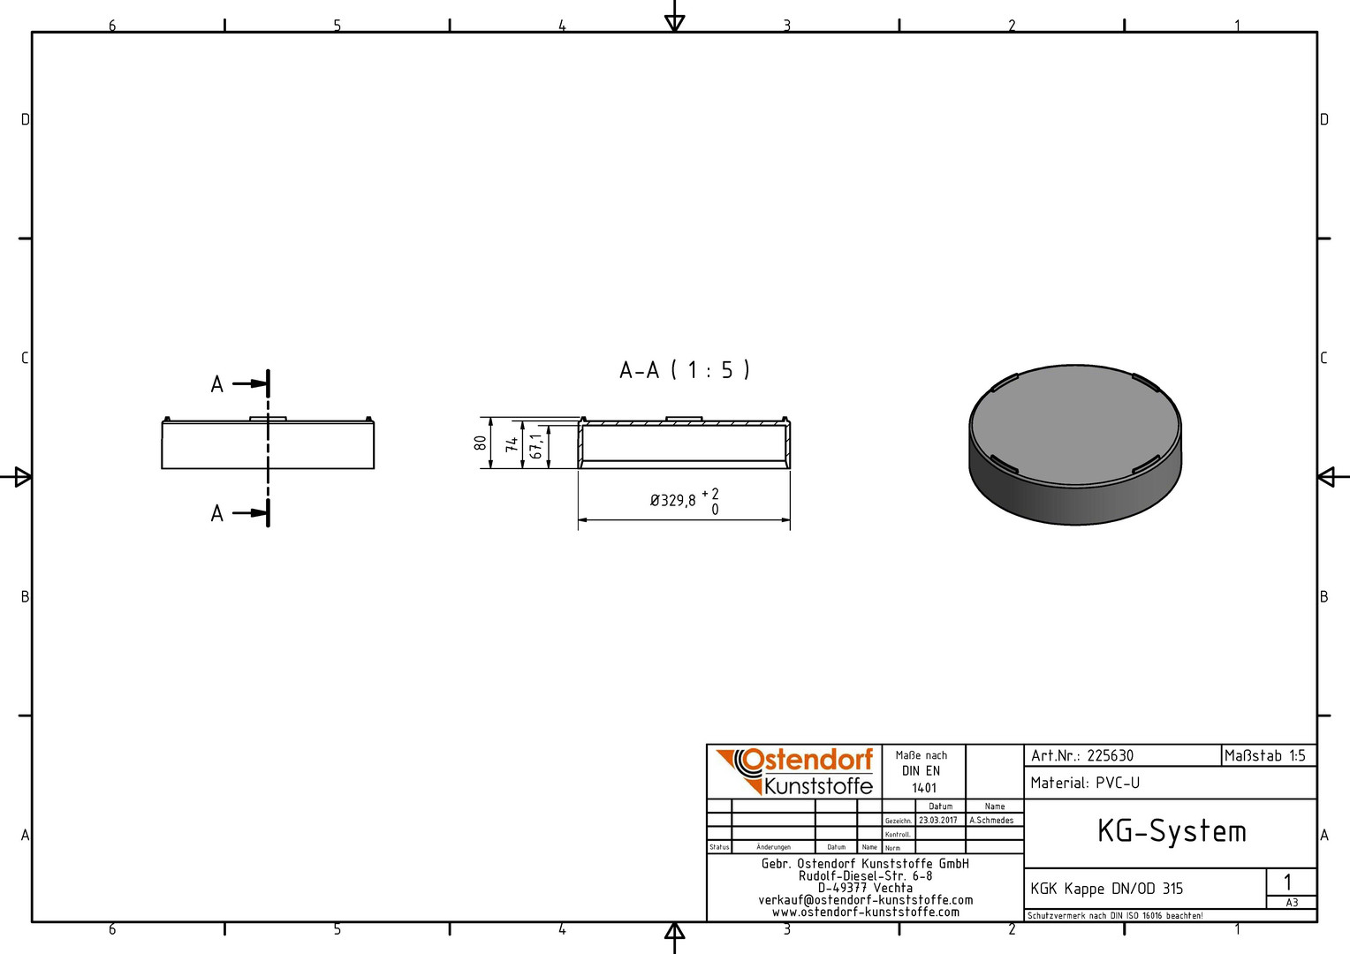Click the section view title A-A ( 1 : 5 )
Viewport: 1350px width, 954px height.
pos(685,370)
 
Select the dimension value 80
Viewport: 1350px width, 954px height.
pos(481,443)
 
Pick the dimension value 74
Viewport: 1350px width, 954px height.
pos(512,444)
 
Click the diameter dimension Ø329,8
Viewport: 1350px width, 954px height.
pos(672,500)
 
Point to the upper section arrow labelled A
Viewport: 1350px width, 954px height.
pos(249,383)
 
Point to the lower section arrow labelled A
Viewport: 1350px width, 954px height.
pos(249,513)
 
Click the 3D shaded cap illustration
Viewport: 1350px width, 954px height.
pos(1075,444)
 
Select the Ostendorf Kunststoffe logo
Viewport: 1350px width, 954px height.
pos(794,771)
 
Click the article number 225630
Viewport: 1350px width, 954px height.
pos(1111,756)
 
